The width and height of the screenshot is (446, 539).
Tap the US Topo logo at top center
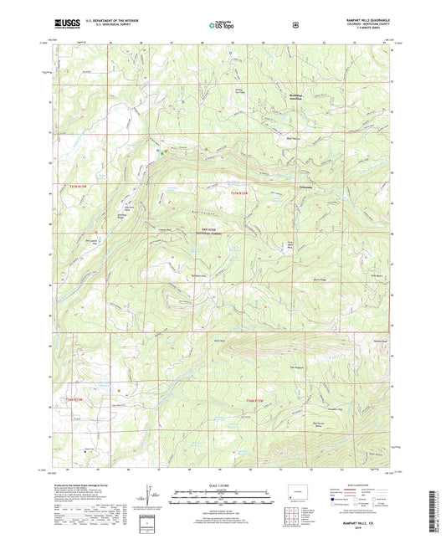tap(222, 26)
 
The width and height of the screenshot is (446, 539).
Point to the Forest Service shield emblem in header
tap(295, 25)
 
